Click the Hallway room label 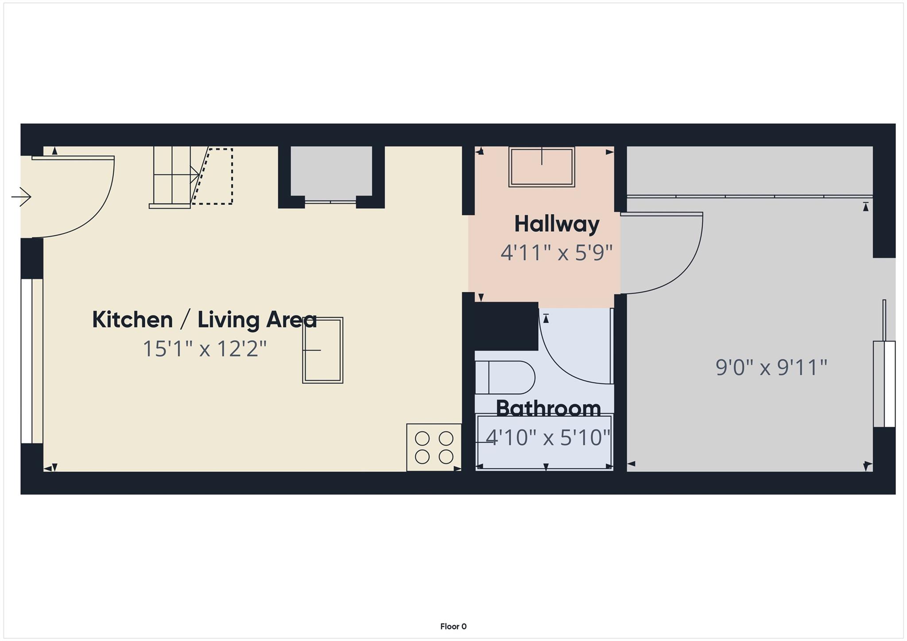tap(556, 224)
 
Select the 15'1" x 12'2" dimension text tap(205, 349)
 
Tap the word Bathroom tap(548, 408)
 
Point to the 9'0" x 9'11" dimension tap(771, 367)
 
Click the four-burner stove tap(434, 447)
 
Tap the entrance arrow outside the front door tap(21, 196)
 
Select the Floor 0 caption tap(453, 626)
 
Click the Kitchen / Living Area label tap(204, 320)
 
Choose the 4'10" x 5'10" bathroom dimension tap(548, 438)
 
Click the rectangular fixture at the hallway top tap(542, 167)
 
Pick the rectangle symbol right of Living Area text tap(323, 350)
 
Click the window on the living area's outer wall tap(27, 361)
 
